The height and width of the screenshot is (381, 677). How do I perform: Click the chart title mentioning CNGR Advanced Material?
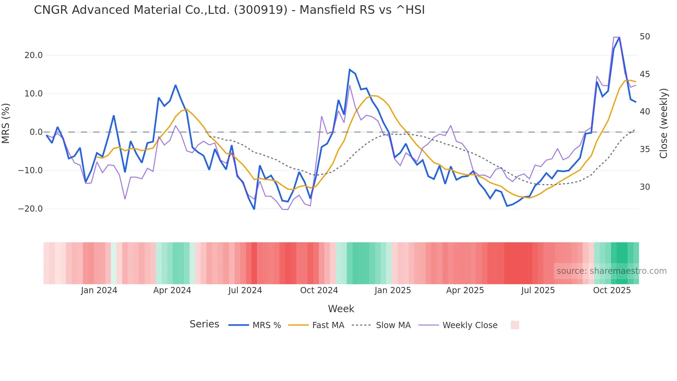tap(229, 10)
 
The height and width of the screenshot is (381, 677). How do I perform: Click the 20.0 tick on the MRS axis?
tap(34, 55)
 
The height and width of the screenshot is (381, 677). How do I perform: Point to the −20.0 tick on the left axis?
tap(30, 209)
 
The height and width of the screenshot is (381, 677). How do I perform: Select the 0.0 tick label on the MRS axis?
tap(36, 132)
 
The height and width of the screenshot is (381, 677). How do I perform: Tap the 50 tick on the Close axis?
tap(645, 37)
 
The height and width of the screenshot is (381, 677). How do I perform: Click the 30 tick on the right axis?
tap(645, 187)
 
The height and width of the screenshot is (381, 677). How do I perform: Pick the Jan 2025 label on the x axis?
tap(392, 290)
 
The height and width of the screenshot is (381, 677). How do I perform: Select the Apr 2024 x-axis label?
tap(172, 290)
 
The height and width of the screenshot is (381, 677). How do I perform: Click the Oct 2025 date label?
tap(612, 290)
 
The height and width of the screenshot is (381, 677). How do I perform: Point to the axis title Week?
tap(341, 309)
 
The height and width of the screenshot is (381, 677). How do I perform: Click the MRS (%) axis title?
tap(6, 123)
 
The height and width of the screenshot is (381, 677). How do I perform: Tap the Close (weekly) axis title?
tap(663, 123)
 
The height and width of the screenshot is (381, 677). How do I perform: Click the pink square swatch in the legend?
tap(515, 325)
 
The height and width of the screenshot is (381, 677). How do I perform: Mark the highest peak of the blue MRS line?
tap(619, 37)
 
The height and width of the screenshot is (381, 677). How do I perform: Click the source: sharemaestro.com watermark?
tap(611, 271)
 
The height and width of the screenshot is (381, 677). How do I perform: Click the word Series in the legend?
tap(204, 324)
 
